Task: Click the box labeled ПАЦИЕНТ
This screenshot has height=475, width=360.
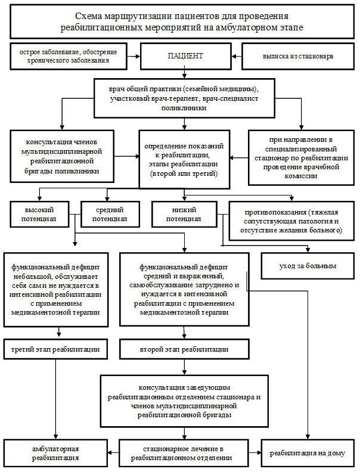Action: [185, 56]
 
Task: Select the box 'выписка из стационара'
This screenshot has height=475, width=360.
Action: [298, 57]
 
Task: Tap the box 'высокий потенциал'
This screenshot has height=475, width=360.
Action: [39, 214]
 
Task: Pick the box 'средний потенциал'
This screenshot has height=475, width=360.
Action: [110, 214]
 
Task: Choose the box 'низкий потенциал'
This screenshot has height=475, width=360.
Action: [184, 214]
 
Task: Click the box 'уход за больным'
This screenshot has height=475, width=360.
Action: [308, 266]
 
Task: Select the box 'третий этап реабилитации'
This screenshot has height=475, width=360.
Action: [55, 349]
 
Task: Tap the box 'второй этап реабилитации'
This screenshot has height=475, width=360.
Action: [184, 349]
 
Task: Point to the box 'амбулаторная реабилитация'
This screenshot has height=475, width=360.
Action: [55, 453]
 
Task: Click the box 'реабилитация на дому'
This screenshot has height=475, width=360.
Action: [308, 453]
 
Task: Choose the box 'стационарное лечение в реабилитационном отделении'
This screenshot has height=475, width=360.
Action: [184, 453]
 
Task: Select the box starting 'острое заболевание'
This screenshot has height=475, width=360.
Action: [69, 57]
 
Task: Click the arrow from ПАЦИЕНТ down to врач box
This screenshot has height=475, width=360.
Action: [185, 74]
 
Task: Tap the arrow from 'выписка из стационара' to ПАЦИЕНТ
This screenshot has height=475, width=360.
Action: [237, 57]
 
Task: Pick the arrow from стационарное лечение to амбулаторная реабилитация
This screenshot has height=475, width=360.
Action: [113, 453]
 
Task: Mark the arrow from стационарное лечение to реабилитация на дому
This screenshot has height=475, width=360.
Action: [255, 453]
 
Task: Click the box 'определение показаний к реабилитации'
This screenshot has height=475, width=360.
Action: [184, 160]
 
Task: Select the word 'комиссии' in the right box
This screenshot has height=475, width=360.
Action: [301, 176]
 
